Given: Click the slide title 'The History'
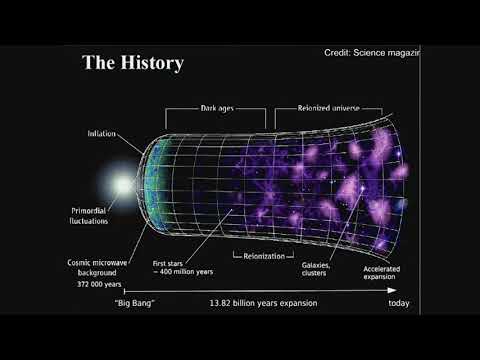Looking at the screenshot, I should click(133, 64).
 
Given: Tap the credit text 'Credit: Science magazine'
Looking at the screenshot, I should click(371, 52).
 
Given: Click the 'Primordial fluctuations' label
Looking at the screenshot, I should click(94, 215).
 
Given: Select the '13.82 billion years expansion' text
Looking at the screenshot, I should click(260, 302).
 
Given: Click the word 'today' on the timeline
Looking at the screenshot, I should click(399, 302).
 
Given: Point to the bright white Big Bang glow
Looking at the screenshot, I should click(123, 186).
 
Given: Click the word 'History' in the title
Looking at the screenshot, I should click(152, 64).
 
